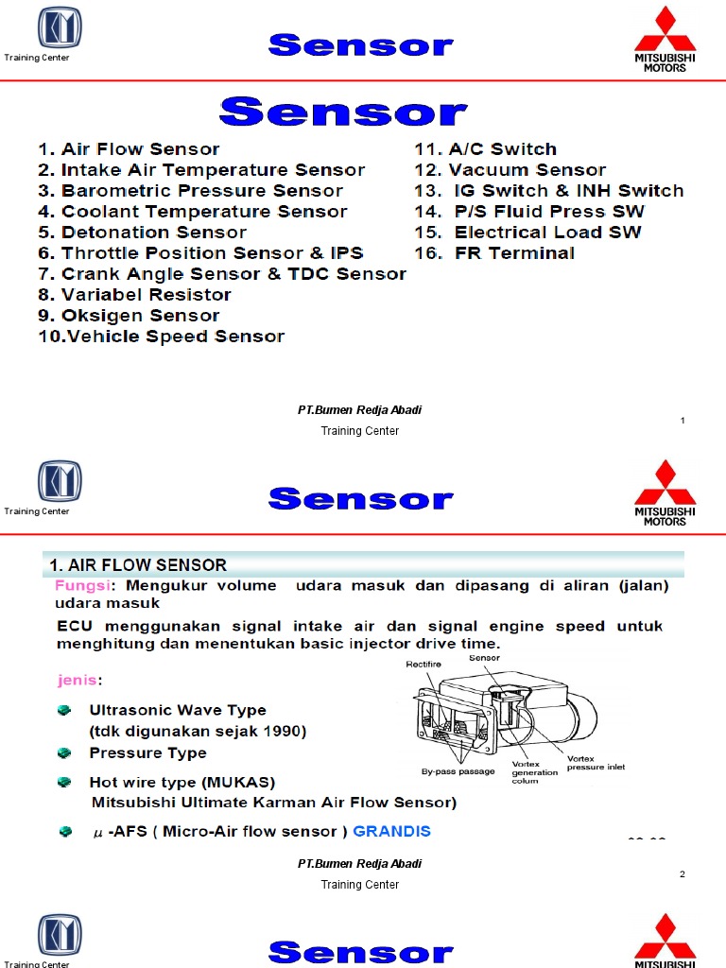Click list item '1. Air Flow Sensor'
click(129, 149)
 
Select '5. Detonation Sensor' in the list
click(142, 233)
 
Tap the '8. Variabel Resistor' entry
click(134, 295)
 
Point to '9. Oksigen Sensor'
click(129, 316)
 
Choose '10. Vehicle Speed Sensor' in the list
click(161, 337)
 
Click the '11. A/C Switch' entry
click(486, 149)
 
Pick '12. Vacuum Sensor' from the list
click(510, 170)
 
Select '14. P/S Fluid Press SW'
click(529, 212)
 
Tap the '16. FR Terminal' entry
click(494, 253)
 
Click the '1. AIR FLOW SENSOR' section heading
click(138, 565)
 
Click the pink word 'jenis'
click(77, 680)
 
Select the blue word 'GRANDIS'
click(391, 832)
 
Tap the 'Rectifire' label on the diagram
click(423, 664)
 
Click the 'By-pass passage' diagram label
click(458, 772)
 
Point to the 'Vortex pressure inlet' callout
click(595, 763)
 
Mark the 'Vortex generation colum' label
click(534, 773)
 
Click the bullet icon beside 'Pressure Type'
click(64, 753)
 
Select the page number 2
click(682, 874)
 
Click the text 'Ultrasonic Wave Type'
click(178, 710)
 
